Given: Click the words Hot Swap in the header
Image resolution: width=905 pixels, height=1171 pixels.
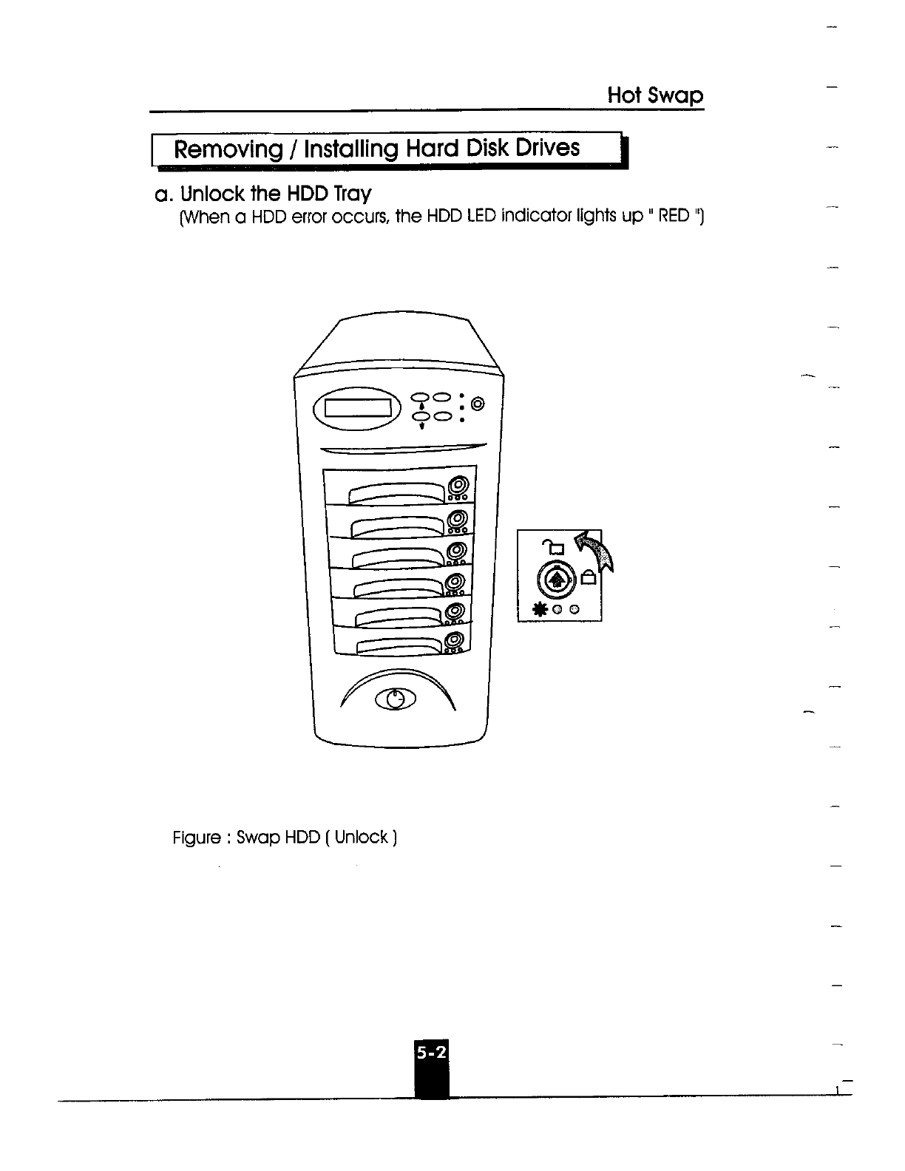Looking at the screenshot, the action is (x=655, y=96).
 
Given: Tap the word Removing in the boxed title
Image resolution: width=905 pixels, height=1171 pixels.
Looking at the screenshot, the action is (x=223, y=149).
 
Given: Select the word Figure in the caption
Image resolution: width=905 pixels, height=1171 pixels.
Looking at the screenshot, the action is (x=197, y=838).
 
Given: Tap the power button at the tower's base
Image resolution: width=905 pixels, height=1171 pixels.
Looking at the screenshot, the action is (x=396, y=699).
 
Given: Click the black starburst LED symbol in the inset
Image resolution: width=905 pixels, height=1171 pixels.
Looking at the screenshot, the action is (x=541, y=609).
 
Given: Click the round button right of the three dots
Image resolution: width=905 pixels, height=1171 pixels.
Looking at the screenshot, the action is (x=478, y=404).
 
